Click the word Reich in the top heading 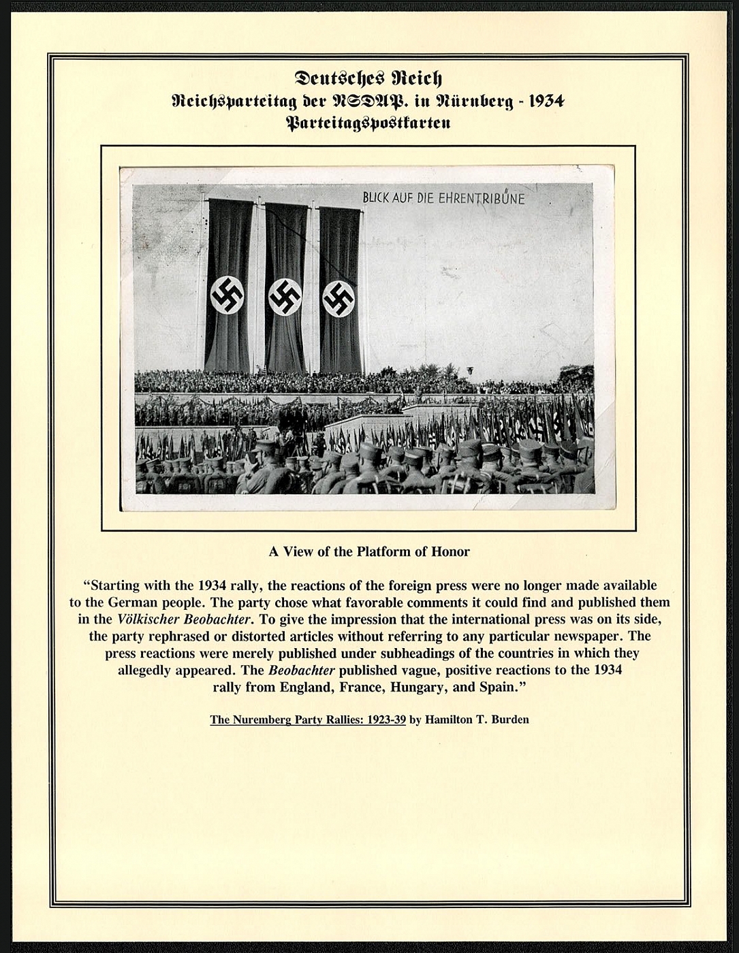click(x=415, y=79)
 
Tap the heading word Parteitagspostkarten click(x=368, y=124)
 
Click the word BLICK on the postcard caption click(x=377, y=198)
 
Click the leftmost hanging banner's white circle click(x=227, y=295)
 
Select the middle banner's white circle click(x=285, y=297)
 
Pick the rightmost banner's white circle click(x=338, y=298)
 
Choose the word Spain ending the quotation click(x=500, y=687)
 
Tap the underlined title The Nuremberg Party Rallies click(x=308, y=720)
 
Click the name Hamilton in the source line click(x=449, y=720)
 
